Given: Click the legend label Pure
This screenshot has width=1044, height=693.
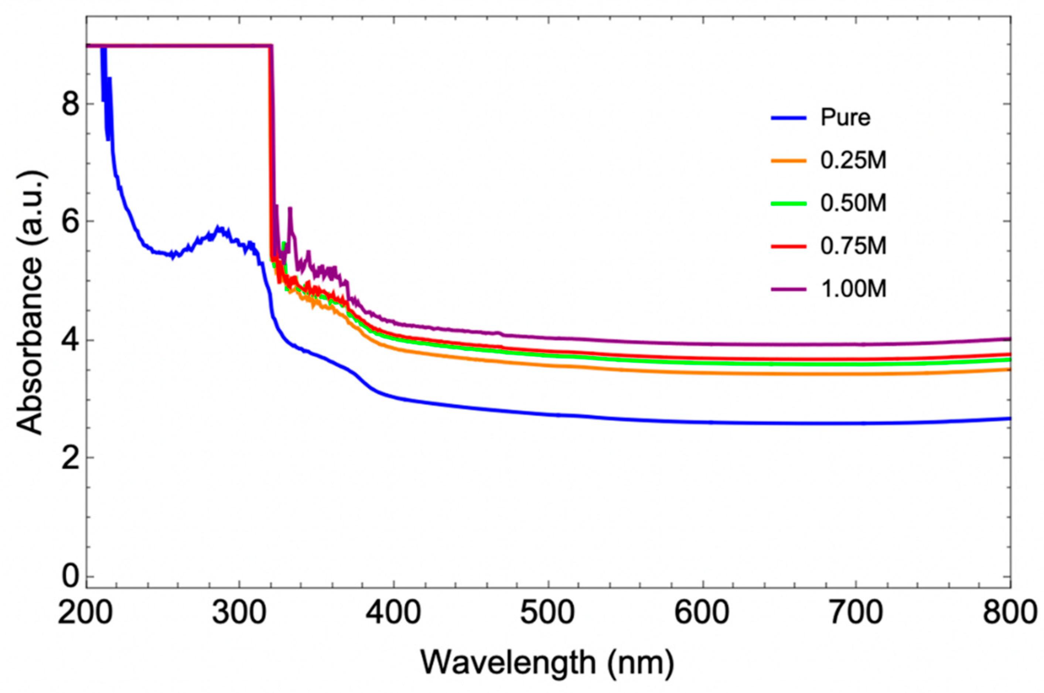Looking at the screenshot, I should tap(845, 118).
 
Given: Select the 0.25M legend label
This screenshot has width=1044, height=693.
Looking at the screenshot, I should tap(853, 161).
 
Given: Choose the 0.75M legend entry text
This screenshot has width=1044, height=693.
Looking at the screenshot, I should tap(853, 246).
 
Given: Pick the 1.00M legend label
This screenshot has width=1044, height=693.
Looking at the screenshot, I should tap(853, 289).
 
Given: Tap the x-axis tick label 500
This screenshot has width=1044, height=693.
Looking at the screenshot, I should tap(548, 614).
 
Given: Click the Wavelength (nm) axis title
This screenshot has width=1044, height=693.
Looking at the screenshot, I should tap(547, 663).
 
